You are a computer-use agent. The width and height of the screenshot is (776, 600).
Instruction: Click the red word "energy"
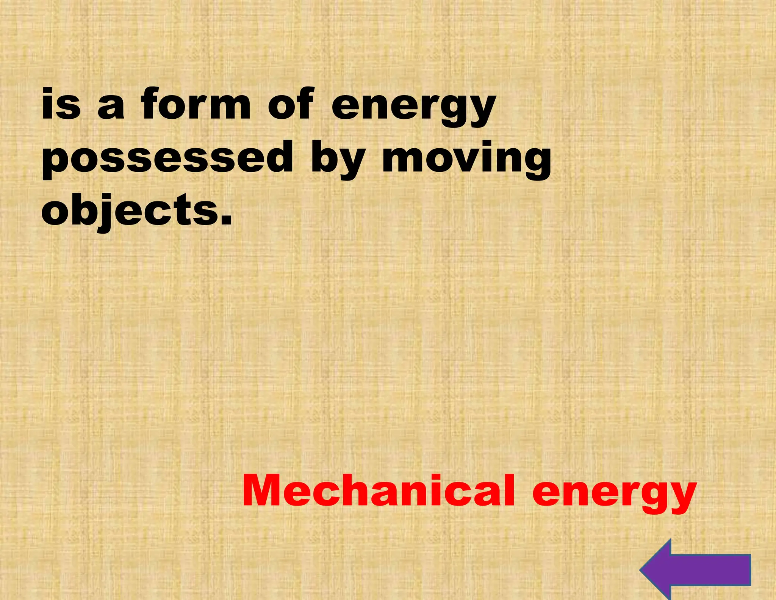click(614, 495)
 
